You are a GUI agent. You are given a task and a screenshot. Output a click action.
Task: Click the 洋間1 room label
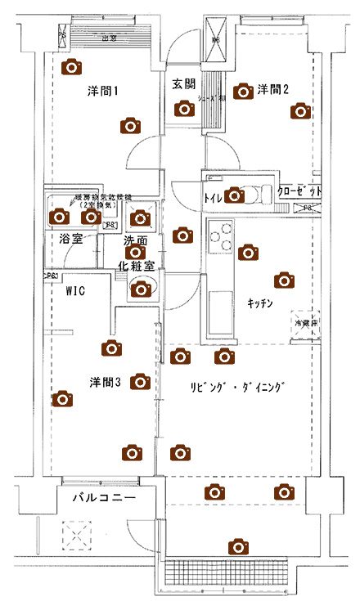(x=103, y=91)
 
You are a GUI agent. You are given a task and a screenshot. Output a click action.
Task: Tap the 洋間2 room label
(x=273, y=89)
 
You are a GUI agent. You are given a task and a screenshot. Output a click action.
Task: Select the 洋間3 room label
(x=106, y=381)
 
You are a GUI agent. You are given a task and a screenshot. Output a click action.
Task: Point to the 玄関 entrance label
(x=183, y=84)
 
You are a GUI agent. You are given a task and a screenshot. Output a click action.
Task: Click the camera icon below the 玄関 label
(x=183, y=109)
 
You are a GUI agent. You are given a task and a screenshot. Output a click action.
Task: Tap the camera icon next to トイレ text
(x=235, y=195)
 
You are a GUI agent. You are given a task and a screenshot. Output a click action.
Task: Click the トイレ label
(x=213, y=197)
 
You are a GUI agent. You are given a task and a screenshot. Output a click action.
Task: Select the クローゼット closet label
(x=299, y=191)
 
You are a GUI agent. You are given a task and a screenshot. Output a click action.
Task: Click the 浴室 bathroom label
(x=70, y=240)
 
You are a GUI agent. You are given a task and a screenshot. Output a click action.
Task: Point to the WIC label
(x=76, y=290)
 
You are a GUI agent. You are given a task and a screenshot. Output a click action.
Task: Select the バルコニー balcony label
(x=102, y=497)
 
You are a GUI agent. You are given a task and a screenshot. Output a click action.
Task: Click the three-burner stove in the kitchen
(x=220, y=237)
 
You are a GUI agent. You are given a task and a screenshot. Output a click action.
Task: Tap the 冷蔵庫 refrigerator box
(x=307, y=322)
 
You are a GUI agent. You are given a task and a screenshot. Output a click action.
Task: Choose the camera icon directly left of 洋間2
(x=241, y=91)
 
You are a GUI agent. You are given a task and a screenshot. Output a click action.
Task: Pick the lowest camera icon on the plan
(x=238, y=545)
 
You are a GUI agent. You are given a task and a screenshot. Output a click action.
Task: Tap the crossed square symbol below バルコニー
(x=78, y=537)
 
